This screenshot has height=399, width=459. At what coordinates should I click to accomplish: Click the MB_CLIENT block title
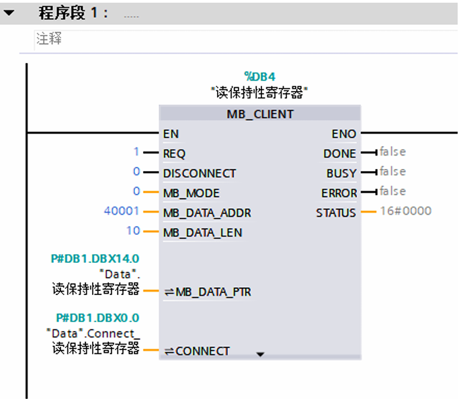coord(259,114)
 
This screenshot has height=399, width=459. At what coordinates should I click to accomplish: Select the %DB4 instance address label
coord(259,77)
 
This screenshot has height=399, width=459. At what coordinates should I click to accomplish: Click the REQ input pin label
coord(174,154)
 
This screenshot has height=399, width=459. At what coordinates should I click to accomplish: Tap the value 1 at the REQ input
coord(136,153)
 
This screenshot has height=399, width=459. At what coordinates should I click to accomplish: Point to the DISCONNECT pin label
coord(200,173)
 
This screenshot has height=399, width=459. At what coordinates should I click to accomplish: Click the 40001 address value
coord(122,212)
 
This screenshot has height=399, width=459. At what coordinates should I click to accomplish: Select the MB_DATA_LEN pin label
coord(202,233)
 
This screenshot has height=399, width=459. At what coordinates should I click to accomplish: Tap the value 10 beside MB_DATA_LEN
coord(133,231)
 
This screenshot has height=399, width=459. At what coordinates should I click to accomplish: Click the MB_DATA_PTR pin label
coord(208,292)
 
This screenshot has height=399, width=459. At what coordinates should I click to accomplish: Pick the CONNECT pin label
coord(202,351)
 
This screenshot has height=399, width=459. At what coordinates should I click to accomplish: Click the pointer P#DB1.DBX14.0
coord(95,258)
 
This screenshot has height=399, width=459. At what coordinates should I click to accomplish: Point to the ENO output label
coord(343,134)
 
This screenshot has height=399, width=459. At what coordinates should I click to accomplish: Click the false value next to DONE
coord(392,152)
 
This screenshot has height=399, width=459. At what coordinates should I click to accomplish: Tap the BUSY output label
coord(341,173)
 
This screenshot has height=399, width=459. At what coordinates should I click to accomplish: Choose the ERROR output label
coord(339,193)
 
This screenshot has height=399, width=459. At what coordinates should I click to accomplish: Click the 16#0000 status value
coord(405,211)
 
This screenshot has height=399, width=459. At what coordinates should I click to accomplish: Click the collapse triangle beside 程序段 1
coord(9,12)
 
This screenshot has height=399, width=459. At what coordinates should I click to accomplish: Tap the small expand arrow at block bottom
coord(261,354)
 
